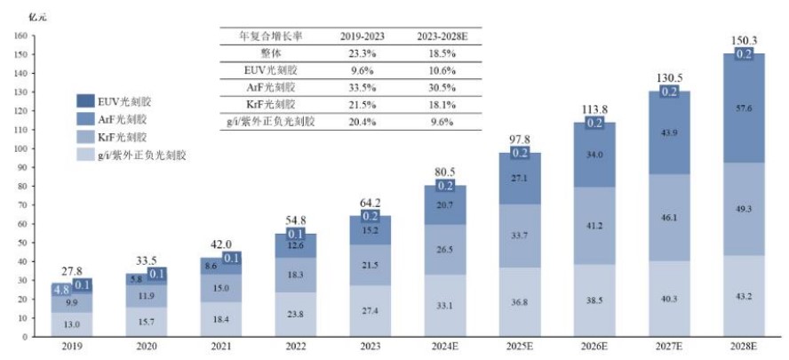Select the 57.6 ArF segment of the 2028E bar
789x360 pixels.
[742, 108]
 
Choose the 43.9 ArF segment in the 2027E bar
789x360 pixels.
[665, 132]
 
